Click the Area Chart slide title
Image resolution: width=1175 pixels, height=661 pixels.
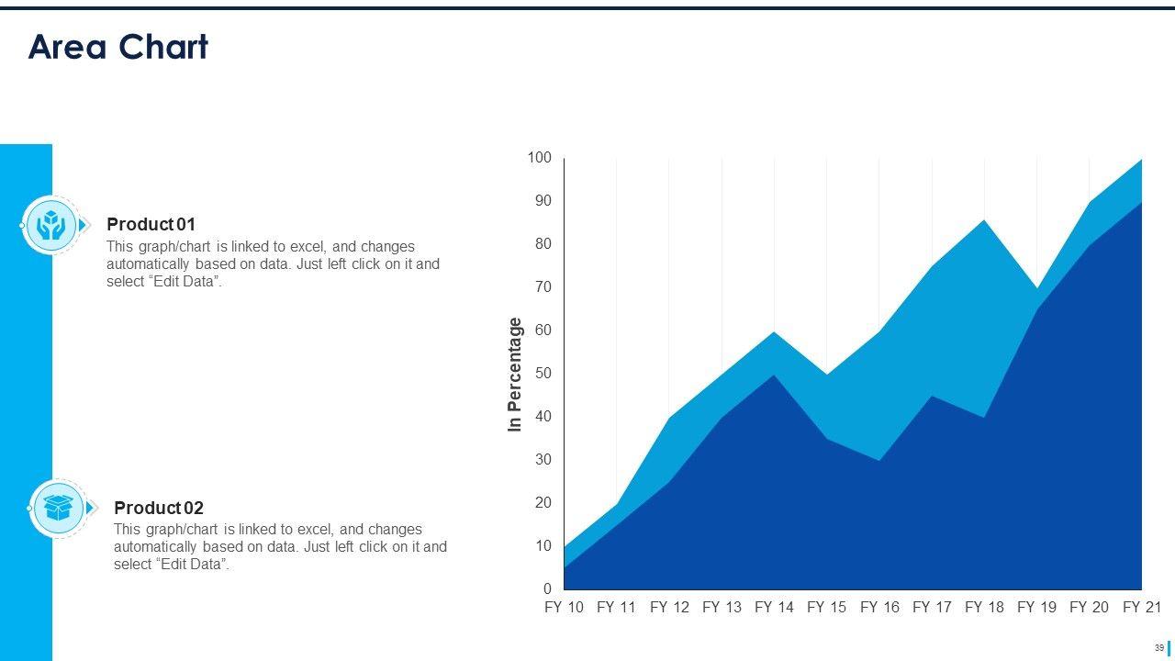(x=118, y=47)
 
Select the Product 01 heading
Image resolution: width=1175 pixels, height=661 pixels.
(x=151, y=224)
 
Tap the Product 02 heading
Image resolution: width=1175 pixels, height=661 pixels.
(x=158, y=508)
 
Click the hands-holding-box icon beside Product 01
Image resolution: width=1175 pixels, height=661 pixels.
(x=50, y=225)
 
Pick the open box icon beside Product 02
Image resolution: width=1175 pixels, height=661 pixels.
(x=59, y=508)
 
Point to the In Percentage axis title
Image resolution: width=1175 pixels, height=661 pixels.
(x=515, y=375)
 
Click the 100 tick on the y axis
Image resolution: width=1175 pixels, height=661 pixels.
(x=540, y=159)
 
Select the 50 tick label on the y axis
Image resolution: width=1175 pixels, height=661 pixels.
(x=542, y=374)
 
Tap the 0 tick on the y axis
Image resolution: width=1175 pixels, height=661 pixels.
(x=547, y=589)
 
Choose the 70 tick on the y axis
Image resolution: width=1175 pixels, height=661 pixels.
(x=542, y=287)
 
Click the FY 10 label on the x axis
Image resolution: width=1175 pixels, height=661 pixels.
(x=564, y=608)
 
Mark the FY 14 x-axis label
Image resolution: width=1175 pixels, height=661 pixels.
(x=774, y=608)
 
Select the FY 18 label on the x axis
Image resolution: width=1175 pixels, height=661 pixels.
(x=984, y=608)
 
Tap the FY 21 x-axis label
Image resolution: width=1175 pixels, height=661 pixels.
(x=1142, y=608)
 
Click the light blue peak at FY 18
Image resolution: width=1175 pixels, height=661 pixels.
(x=984, y=224)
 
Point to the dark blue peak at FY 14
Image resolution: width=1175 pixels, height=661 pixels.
(x=774, y=377)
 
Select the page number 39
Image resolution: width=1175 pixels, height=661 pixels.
(x=1159, y=648)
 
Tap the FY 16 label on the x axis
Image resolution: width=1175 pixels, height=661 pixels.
(x=879, y=608)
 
